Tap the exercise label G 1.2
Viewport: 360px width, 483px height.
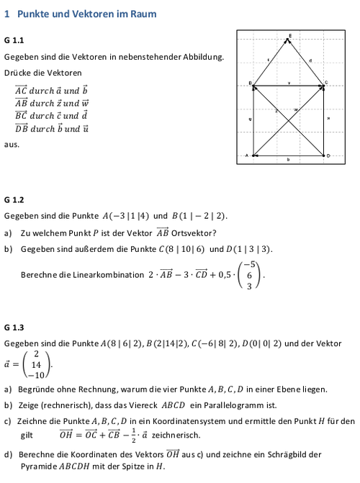tap(14, 199)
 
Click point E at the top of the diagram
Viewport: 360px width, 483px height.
tap(291, 35)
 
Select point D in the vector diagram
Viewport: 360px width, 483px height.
tap(328, 155)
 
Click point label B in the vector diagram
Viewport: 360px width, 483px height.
tap(250, 83)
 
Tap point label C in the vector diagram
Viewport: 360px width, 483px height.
tap(325, 83)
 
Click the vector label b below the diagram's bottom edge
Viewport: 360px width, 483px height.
tap(289, 161)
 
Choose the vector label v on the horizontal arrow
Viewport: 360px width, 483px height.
tap(289, 83)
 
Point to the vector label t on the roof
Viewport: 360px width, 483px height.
tap(268, 59)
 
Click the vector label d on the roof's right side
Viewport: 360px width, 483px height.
tap(310, 59)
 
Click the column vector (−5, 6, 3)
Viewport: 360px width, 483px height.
tap(249, 275)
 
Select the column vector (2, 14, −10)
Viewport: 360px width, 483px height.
tap(35, 364)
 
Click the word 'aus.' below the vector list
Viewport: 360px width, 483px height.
tap(11, 144)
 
